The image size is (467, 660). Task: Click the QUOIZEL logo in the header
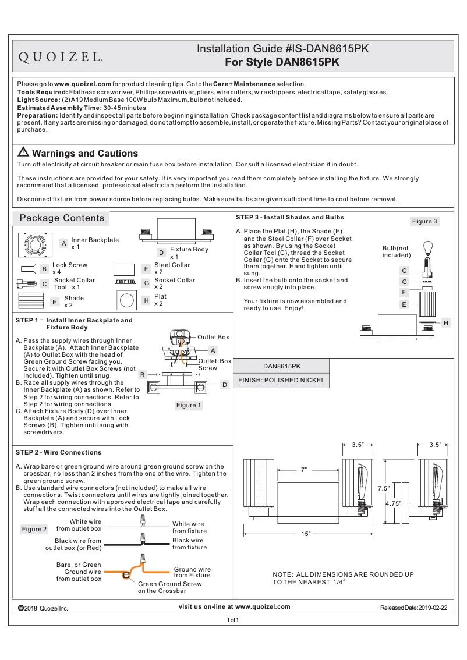point(62,57)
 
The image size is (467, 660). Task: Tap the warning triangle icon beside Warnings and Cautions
point(23,152)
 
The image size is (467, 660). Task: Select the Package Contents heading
point(62,218)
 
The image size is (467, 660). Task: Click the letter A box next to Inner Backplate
point(63,243)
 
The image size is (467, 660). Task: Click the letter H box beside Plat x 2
point(146,300)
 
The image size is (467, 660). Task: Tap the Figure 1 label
point(189,405)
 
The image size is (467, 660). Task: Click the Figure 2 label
point(34,529)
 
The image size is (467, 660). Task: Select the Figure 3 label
point(424,221)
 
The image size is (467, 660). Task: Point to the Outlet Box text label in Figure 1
point(213,337)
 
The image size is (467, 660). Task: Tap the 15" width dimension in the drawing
point(306,534)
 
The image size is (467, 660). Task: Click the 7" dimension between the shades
point(304,470)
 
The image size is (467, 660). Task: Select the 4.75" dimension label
point(394,504)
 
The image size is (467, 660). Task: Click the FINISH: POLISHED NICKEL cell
point(281,380)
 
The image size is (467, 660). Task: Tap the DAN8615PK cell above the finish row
point(281,367)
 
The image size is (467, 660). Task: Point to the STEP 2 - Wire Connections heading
point(59,452)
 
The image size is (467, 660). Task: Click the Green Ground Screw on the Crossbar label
point(169,587)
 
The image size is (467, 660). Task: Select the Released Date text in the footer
point(413,608)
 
